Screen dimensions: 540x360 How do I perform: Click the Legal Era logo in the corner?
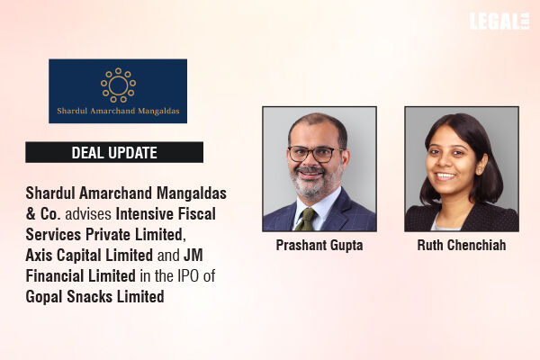click(499, 22)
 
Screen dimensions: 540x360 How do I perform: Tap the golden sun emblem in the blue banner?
click(118, 85)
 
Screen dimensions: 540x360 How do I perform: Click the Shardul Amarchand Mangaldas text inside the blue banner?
click(118, 111)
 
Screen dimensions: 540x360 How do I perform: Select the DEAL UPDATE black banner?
click(114, 152)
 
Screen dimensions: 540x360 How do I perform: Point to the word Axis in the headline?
click(40, 256)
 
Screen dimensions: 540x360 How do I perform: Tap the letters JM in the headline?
click(193, 256)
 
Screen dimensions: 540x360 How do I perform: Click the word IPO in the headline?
click(188, 276)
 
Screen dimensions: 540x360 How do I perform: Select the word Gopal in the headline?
click(44, 297)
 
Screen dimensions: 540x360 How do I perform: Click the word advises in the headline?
click(88, 214)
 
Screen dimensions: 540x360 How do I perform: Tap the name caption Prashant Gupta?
click(319, 246)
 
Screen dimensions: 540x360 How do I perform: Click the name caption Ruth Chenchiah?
click(462, 246)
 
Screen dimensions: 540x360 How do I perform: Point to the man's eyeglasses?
click(315, 154)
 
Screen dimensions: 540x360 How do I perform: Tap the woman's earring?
click(479, 170)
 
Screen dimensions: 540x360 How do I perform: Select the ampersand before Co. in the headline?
click(31, 214)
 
